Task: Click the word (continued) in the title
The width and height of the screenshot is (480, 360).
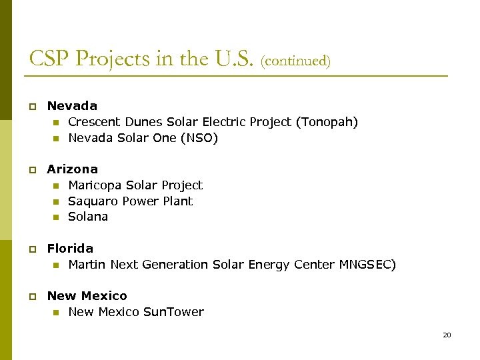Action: point(295,61)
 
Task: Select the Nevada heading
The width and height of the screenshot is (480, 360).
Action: point(72,106)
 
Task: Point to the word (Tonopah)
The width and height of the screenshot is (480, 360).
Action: point(327,122)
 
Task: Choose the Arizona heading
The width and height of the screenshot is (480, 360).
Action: point(72,169)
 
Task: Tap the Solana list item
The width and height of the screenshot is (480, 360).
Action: point(88,217)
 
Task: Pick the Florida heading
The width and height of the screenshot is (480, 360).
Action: point(70,249)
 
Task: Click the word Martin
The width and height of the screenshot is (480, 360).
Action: point(87,265)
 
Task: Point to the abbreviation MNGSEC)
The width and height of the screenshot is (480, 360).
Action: point(367,265)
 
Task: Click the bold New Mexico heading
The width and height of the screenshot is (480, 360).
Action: point(87,296)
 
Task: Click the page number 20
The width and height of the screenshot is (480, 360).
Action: point(447,335)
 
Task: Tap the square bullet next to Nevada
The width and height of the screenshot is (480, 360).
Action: point(31,107)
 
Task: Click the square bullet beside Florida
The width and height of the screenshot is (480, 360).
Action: point(31,249)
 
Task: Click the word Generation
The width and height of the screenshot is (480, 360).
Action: point(175,265)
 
